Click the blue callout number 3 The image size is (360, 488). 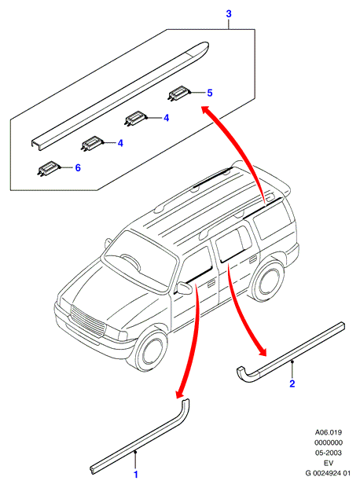point(229,14)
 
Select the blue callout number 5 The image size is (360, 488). point(210,93)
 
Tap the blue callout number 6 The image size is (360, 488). point(78,167)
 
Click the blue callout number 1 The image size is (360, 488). point(136,475)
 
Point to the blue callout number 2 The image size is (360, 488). point(292,383)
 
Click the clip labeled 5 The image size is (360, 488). point(178,93)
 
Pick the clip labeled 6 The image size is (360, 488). point(47,168)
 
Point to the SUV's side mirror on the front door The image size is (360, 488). point(185,288)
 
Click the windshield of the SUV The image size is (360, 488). point(141,261)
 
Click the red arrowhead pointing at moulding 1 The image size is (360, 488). point(180,394)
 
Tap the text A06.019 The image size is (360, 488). point(329,432)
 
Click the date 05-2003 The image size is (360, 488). point(329,453)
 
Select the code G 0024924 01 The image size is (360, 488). point(328,473)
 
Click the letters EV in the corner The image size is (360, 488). point(329,463)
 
